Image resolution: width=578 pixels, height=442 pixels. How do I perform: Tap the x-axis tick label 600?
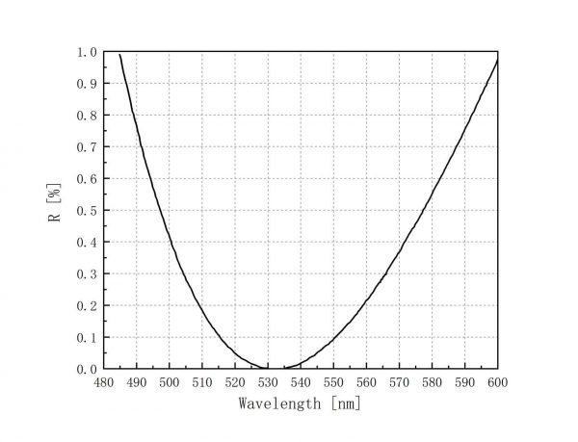(x=497, y=382)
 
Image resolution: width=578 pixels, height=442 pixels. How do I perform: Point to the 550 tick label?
(x=333, y=382)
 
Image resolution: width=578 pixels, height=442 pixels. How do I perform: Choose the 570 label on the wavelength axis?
(x=399, y=382)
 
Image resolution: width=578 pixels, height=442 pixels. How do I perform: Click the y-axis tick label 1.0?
(x=87, y=52)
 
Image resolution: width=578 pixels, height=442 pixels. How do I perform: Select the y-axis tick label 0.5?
(x=87, y=210)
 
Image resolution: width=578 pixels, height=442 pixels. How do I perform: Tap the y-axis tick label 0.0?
(x=87, y=369)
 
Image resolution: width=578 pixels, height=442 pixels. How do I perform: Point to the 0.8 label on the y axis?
(x=87, y=116)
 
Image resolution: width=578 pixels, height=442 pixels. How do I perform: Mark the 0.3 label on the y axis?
(x=87, y=273)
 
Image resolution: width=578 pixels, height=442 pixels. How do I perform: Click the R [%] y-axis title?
(x=56, y=209)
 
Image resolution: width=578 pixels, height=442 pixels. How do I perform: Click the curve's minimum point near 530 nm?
(x=272, y=368)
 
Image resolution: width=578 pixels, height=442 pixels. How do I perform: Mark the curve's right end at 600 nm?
(x=497, y=61)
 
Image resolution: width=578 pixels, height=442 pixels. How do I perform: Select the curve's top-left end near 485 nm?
(x=120, y=54)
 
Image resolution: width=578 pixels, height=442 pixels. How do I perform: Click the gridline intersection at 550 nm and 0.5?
(x=333, y=210)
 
